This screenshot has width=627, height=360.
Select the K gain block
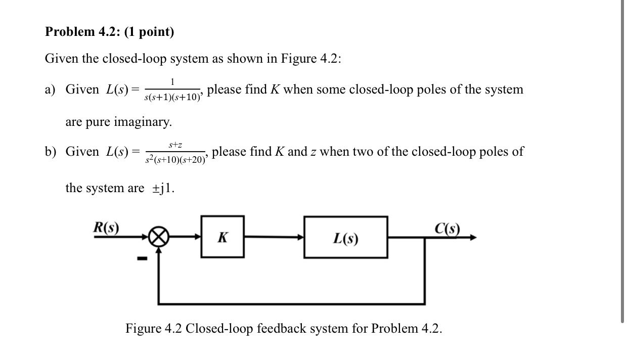coord(222,237)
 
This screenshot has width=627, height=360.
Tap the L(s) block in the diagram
coord(346,237)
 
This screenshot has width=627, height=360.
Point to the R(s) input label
coord(106,227)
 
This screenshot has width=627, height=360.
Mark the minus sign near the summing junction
coord(143,259)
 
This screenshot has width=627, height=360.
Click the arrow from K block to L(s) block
coord(274,237)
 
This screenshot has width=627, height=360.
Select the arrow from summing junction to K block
coord(185,237)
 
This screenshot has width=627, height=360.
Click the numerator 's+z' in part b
coord(175,145)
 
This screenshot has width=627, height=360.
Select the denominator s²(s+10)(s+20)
coord(175,159)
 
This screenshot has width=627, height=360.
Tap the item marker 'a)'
coord(50,89)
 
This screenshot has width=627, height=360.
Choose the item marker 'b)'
coord(50,152)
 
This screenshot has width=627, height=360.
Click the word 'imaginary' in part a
coord(143,122)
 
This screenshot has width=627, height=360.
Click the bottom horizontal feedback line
coord(291,304)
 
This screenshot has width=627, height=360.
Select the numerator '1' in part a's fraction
coord(172,82)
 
